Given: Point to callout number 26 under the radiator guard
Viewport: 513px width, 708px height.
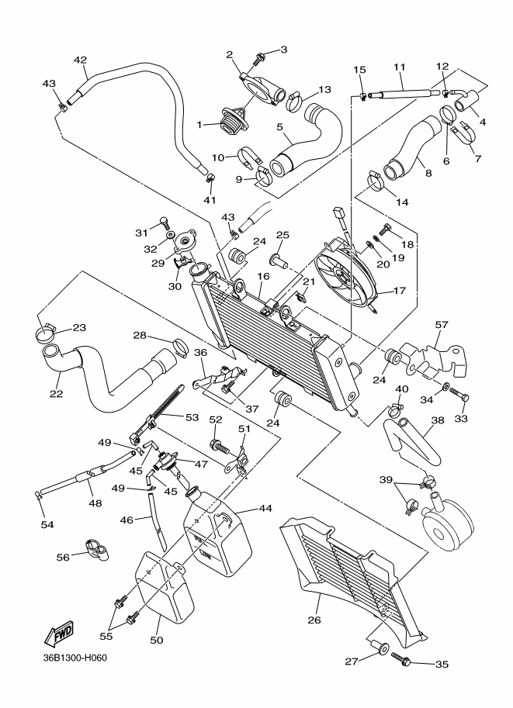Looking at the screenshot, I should (x=314, y=620).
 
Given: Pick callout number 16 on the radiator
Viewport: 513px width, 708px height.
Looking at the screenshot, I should (x=264, y=275).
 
